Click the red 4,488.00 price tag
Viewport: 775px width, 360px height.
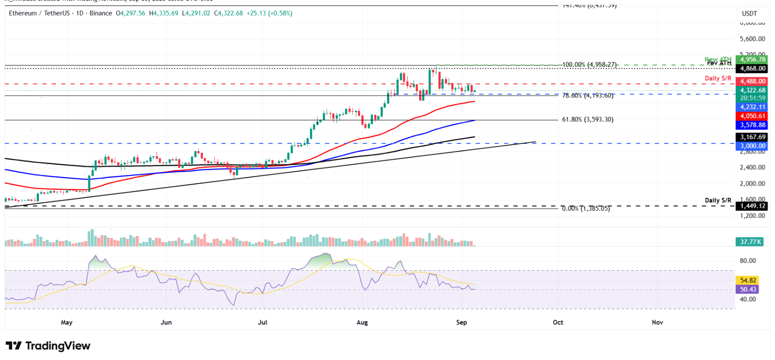[x=753, y=82]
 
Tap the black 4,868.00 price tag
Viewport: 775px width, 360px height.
[x=753, y=69]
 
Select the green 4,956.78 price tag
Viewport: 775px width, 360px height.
[x=753, y=60]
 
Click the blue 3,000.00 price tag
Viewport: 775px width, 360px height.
[x=753, y=146]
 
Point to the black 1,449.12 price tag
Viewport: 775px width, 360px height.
[x=753, y=206]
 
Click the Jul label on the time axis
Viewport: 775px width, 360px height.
[x=262, y=322]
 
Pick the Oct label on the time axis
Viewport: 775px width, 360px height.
[x=558, y=322]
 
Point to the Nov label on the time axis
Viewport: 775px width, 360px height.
[x=657, y=322]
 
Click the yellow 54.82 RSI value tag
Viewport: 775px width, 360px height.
[x=748, y=280]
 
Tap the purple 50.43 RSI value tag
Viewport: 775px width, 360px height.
[x=748, y=289]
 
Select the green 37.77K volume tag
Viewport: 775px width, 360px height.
[x=750, y=242]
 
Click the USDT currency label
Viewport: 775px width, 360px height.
[x=749, y=14]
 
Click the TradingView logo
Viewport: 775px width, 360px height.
[x=48, y=346]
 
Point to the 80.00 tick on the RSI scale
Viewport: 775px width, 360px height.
[x=748, y=261]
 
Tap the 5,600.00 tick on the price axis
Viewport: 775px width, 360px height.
[x=752, y=39]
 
